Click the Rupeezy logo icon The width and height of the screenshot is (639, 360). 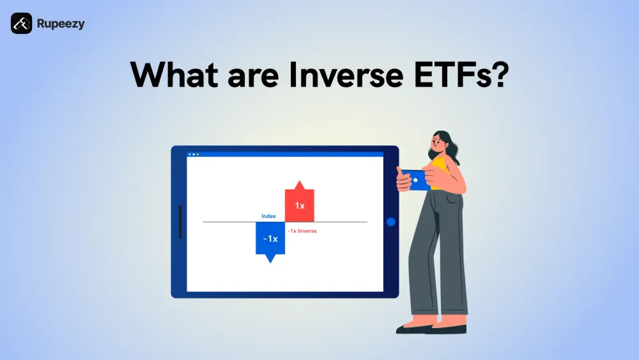click(21, 24)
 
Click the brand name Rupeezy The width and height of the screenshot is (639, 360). click(61, 24)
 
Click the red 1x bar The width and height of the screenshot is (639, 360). click(299, 206)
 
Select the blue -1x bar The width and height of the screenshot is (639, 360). click(270, 238)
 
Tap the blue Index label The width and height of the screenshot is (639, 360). click(268, 216)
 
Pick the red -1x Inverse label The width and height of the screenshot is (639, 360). click(302, 231)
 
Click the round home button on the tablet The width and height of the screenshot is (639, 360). click(391, 222)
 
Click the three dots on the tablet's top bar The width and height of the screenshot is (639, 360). click(193, 154)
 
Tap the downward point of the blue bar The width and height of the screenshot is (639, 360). click(270, 259)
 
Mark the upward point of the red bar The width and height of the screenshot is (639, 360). click(299, 184)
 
